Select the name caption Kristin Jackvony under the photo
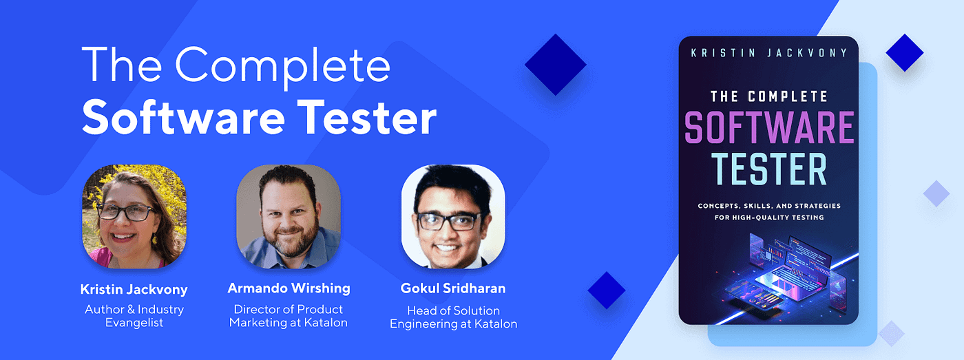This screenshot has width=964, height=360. tap(134, 288)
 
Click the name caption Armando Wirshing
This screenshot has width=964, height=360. tap(288, 288)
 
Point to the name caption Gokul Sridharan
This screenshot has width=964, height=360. tap(453, 288)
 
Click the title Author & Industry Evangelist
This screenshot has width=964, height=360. tap(134, 316)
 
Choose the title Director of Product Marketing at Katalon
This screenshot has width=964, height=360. tap(288, 316)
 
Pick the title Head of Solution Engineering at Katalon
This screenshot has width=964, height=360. tap(453, 317)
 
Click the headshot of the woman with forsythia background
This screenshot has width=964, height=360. tap(134, 216)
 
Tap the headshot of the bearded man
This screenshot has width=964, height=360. tap(289, 216)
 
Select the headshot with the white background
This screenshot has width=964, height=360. tap(453, 216)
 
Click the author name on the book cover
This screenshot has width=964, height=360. tap(768, 53)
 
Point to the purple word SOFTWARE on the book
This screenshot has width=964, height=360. tap(768, 128)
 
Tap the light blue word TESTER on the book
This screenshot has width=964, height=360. tap(768, 169)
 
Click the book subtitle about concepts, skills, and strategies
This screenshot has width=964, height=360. tap(768, 211)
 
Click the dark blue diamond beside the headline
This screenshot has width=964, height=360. tap(555, 65)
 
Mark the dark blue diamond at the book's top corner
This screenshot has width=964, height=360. tap(904, 52)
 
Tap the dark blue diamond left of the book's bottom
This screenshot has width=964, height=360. tap(607, 290)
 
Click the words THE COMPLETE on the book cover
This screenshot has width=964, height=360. tap(768, 96)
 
